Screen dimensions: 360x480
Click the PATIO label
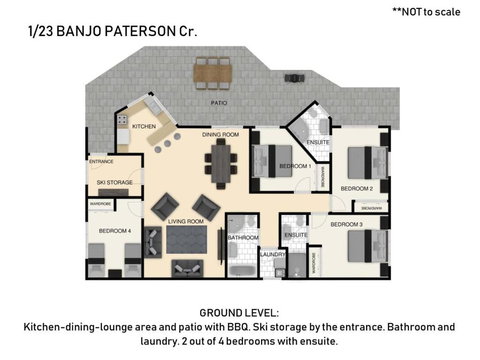218,102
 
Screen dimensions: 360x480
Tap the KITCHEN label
143,126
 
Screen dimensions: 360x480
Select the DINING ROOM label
220,134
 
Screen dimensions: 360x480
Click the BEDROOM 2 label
357,187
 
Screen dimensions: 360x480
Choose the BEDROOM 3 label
346,224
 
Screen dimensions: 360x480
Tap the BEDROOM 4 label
113,231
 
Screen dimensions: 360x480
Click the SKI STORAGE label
114,183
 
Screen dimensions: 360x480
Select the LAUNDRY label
273,254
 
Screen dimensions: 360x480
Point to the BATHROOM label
243,238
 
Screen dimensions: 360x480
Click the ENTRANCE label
101,161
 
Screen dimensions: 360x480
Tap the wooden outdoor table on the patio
212,71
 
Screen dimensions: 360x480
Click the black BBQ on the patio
294,77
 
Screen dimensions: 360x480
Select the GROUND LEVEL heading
239,312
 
